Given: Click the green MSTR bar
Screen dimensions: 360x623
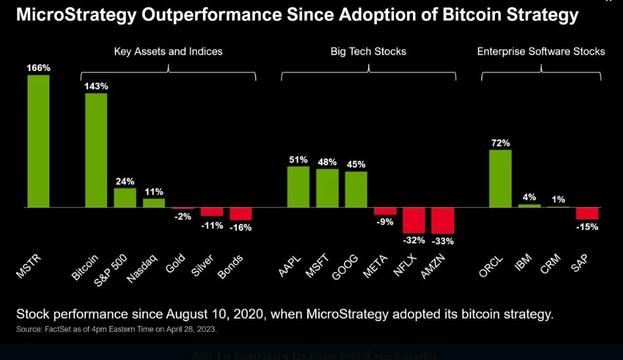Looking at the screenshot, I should [38, 141].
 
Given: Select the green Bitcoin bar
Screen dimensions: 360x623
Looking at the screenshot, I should [96, 150].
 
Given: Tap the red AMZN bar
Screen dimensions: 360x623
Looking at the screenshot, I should [442, 221].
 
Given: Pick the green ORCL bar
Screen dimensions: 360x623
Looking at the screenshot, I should [500, 178].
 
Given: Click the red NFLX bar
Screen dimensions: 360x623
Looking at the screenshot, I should [414, 220].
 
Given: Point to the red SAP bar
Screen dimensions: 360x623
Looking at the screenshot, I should [587, 214].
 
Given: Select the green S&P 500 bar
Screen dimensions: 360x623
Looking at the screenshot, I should [125, 198].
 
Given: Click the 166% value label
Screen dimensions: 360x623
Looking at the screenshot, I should [38, 68].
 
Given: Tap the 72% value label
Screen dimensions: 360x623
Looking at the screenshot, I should [500, 143].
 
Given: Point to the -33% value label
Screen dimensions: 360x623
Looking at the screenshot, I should [442, 241].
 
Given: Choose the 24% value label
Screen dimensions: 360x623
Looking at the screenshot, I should [125, 181].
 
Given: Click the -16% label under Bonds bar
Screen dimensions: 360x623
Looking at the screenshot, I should [240, 227].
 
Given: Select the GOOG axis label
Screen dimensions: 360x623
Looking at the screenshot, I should [345, 266].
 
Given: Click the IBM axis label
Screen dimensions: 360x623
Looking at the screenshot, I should [523, 262].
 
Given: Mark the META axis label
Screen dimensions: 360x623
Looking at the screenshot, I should [375, 267].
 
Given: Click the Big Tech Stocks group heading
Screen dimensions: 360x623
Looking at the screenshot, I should [368, 51].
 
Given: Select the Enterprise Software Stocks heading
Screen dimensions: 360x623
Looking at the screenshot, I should [541, 51].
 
